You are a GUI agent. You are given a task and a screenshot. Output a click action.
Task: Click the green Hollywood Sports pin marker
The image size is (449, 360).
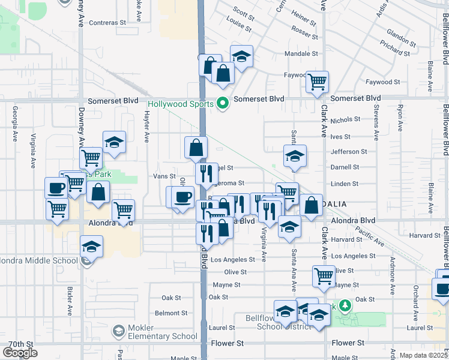223,104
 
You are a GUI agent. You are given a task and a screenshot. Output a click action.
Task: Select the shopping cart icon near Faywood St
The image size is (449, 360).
317,82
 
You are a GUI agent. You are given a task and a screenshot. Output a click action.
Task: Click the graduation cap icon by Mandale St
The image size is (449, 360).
241,57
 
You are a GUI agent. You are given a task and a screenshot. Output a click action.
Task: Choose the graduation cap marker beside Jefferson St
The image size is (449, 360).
294,157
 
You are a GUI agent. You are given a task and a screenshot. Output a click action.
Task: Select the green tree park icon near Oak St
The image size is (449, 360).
345,306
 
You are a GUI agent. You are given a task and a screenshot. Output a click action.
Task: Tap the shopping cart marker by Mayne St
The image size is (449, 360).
323,276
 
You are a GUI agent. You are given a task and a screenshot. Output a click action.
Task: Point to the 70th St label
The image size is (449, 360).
22,344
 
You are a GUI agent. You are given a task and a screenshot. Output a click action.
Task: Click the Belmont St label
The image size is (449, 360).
171,313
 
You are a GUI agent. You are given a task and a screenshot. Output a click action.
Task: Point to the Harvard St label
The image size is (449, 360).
344,240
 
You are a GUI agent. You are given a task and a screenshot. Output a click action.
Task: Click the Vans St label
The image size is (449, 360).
164,176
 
